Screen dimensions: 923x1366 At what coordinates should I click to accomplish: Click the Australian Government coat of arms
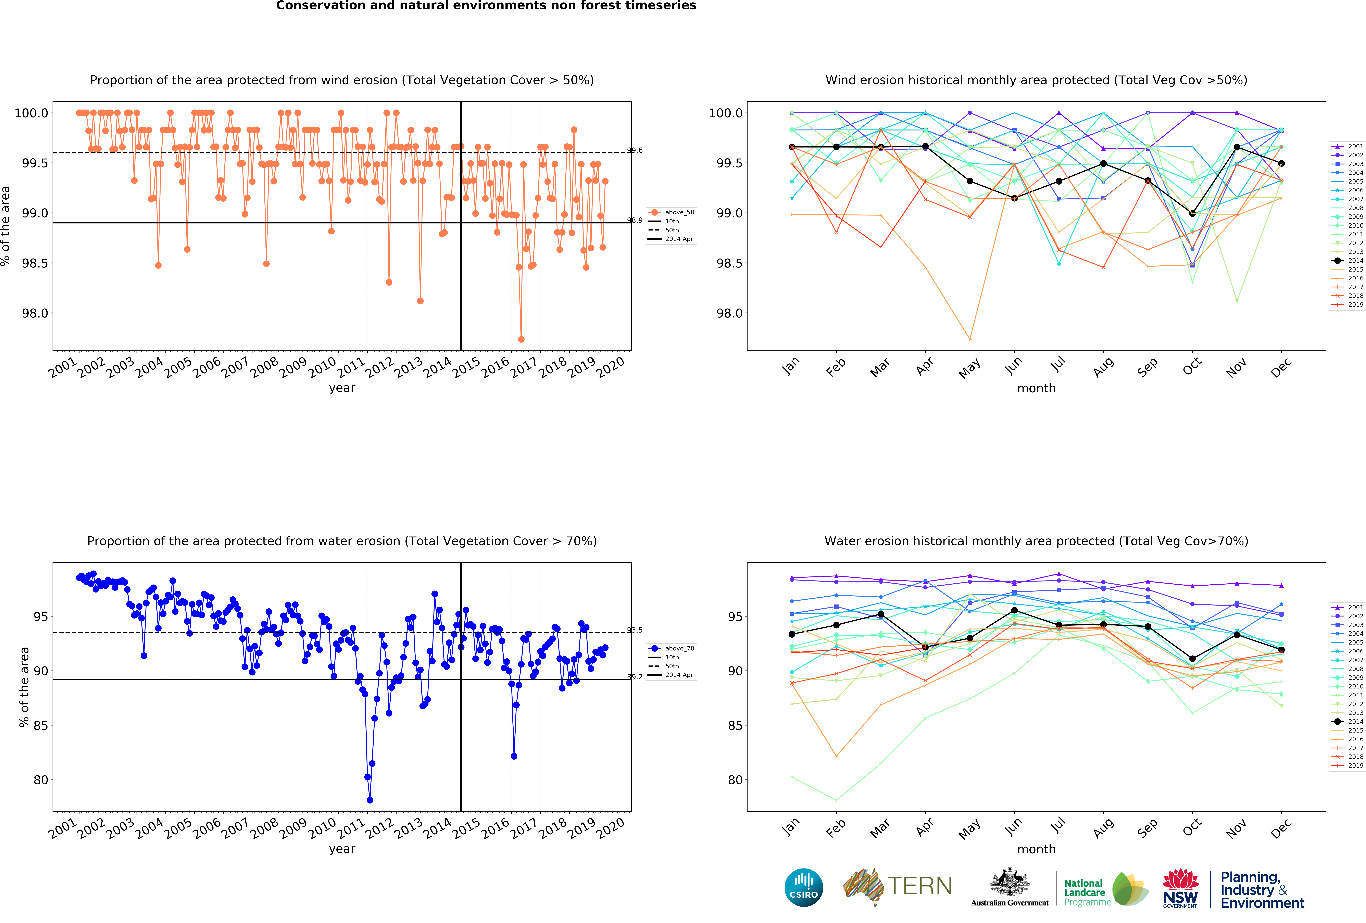pos(1009,882)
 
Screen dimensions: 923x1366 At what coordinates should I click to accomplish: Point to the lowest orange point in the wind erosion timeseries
pos(521,339)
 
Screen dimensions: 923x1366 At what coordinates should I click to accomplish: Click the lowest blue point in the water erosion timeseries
pos(370,800)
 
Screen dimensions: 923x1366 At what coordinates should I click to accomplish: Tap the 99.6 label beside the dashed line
pos(635,150)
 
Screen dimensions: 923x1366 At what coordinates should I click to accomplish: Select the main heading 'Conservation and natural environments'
pos(486,6)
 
